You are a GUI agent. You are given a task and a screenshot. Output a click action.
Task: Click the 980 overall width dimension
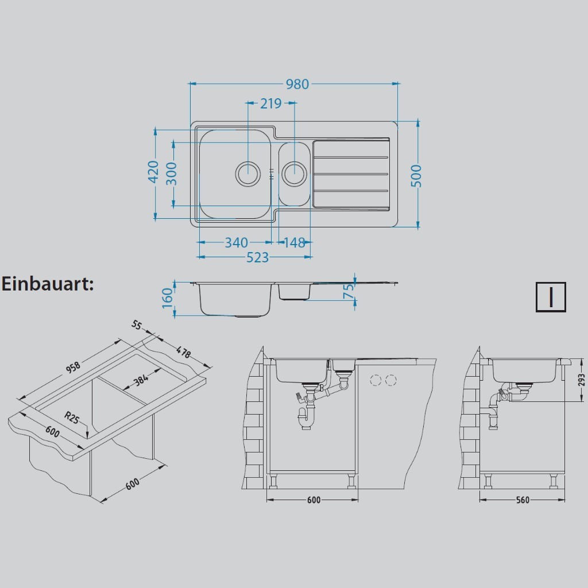point(297,84)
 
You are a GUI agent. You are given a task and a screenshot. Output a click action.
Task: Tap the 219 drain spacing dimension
point(271,103)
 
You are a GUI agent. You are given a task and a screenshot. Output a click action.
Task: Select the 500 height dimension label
point(416,176)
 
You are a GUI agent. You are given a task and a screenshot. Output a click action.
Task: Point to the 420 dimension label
point(153,172)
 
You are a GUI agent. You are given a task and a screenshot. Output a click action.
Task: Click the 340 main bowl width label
point(236,243)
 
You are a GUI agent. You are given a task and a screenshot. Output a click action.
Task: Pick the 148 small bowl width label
point(295,243)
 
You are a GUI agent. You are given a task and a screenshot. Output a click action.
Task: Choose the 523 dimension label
point(258,257)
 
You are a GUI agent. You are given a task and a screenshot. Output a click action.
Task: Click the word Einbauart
point(48,284)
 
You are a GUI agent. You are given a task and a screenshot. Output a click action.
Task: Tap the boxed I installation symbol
point(551,297)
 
